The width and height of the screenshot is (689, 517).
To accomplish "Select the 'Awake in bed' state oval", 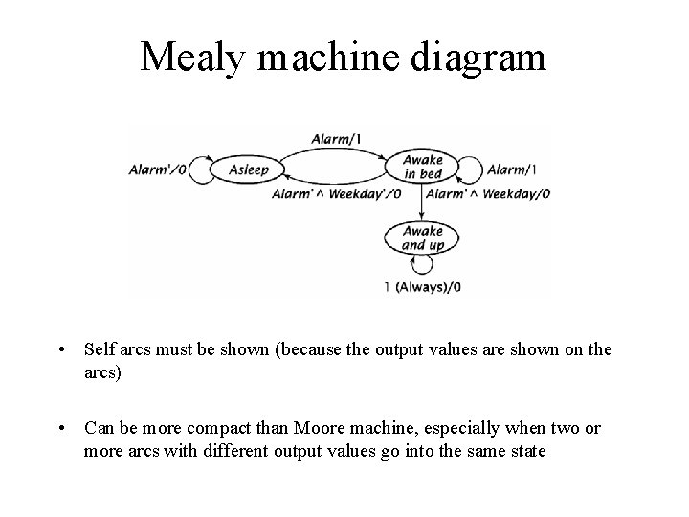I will [422, 167].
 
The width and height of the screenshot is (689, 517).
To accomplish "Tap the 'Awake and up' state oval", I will [422, 237].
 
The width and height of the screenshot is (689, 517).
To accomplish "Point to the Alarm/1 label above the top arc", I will [336, 139].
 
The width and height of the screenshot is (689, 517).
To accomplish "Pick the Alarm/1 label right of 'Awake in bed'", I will [513, 169].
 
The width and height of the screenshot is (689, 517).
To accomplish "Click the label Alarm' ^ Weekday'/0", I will [334, 193].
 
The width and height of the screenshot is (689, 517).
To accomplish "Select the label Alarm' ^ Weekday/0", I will [488, 193].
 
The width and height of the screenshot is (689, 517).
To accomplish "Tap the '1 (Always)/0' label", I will [423, 286].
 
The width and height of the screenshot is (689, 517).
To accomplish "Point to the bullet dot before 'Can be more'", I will [61, 428].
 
